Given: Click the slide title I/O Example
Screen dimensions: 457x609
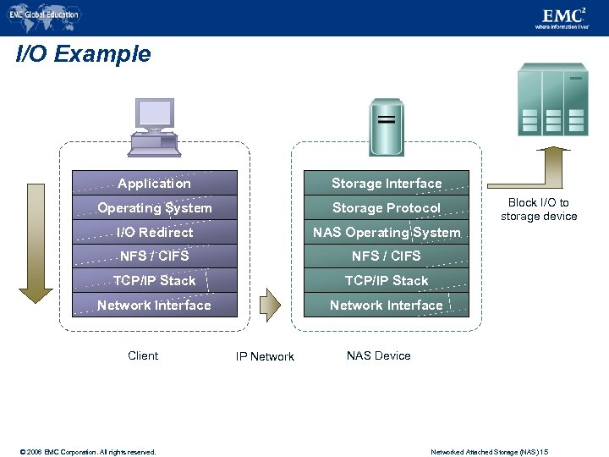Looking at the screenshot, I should coord(84,55).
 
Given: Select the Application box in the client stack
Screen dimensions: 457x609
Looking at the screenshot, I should coord(155,183).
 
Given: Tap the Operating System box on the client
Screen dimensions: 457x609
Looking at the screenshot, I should coord(155,207).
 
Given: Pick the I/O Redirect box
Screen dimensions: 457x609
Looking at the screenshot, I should coord(155,232).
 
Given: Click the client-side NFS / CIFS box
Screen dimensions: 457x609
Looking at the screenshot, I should coord(155,256).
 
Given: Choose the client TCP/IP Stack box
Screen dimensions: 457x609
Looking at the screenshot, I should coord(155,280).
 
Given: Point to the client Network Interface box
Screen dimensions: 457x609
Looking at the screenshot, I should coord(155,305).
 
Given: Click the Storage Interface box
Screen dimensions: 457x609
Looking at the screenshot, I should coord(387,183).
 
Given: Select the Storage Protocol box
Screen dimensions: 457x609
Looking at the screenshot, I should coord(387,207).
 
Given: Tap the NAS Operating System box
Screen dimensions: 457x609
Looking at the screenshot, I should coord(387,232).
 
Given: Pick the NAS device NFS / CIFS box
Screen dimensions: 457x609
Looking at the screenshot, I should coord(387,256).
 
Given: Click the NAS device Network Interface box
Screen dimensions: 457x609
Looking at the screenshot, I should coord(387,305).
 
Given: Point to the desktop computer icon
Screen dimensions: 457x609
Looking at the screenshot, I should coord(154,127).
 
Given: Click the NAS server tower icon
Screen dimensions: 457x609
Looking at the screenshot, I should coord(387,126).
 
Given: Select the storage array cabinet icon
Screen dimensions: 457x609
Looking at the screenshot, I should coord(552,99).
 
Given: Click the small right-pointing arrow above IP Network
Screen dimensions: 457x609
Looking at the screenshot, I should coord(269,305).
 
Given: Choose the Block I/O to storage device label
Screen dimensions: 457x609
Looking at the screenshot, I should coord(539,209).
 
